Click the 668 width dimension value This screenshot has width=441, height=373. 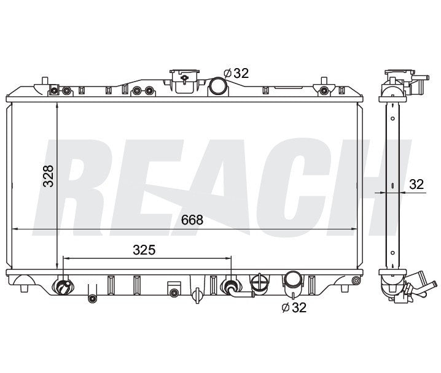coord(192,220)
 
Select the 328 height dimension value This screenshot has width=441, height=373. coord(48,176)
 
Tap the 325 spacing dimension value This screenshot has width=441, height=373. coord(144,250)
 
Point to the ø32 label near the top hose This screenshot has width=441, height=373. coord(236,73)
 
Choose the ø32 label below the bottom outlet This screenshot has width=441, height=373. coord(294,307)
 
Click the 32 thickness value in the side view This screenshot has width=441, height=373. coord(416,184)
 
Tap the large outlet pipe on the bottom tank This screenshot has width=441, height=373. coord(293,283)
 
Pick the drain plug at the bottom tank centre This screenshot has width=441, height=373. coord(197,296)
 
